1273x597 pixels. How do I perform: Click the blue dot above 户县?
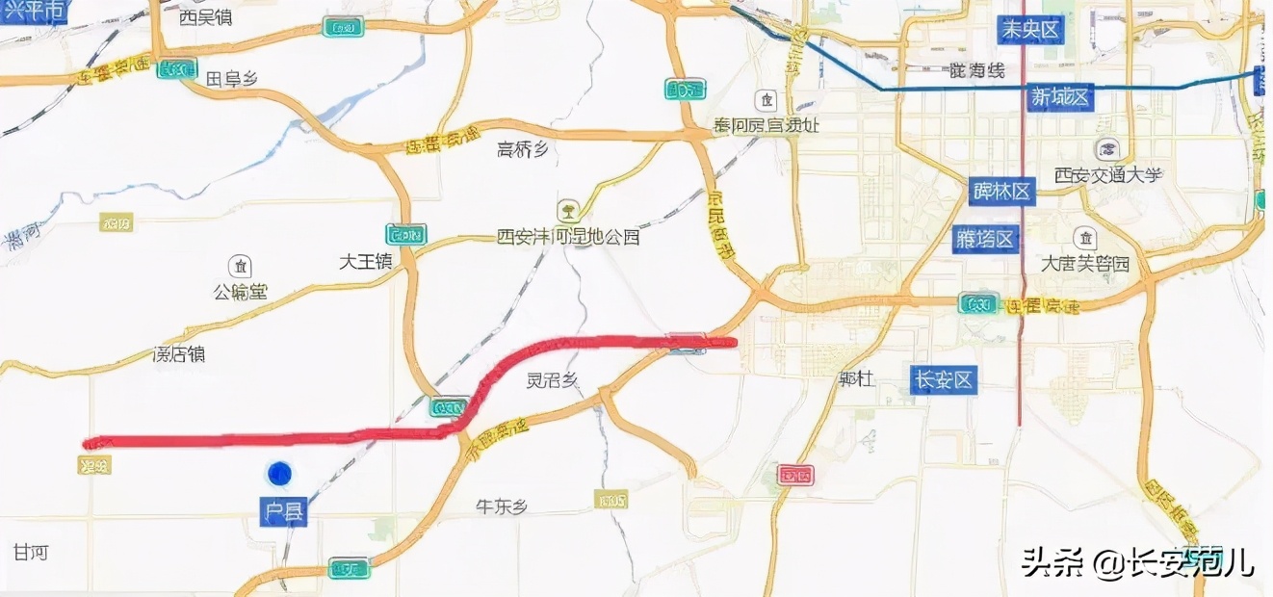click(279, 473)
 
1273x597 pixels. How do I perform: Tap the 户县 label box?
click(284, 511)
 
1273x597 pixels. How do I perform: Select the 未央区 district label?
click(1029, 30)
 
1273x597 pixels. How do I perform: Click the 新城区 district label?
click(1059, 96)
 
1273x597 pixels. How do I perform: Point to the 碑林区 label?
click(1002, 192)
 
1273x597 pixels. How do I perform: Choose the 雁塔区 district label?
click(985, 239)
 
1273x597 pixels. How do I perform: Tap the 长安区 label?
click(944, 380)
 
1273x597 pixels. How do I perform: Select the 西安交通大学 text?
click(1108, 174)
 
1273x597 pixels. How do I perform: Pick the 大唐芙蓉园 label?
click(1085, 263)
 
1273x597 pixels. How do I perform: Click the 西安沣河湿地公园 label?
click(568, 235)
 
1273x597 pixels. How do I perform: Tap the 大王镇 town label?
click(366, 261)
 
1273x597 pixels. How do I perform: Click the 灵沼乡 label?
click(553, 380)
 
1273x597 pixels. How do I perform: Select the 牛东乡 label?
click(503, 506)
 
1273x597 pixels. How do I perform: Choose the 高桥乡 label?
click(522, 148)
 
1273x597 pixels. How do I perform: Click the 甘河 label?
click(31, 553)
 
